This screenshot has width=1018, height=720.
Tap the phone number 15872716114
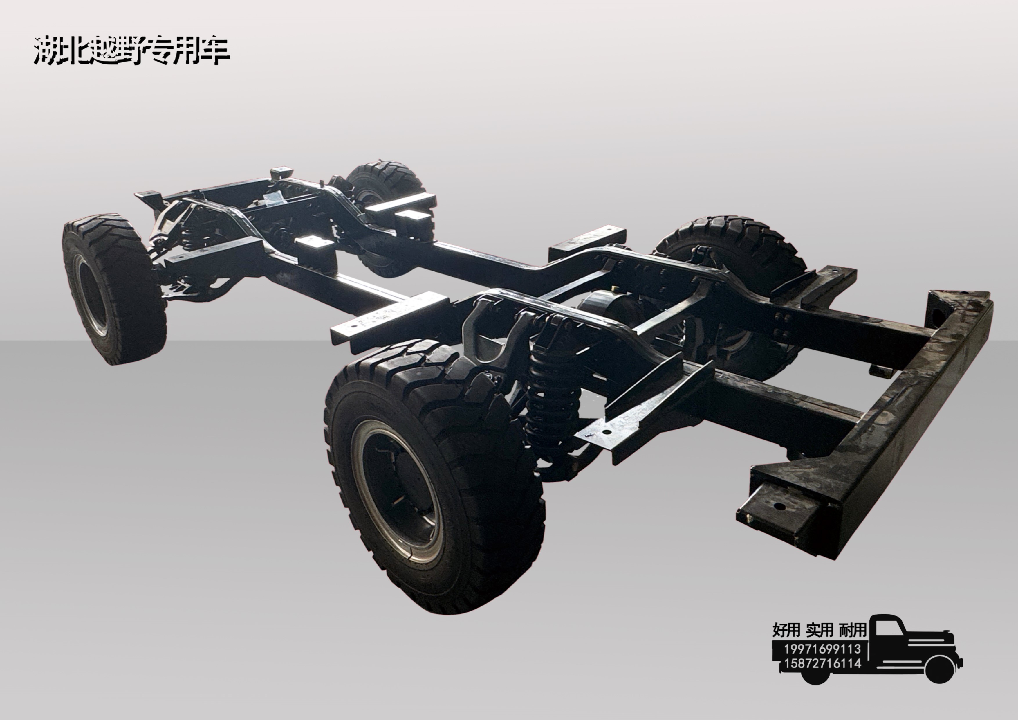click(822, 664)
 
